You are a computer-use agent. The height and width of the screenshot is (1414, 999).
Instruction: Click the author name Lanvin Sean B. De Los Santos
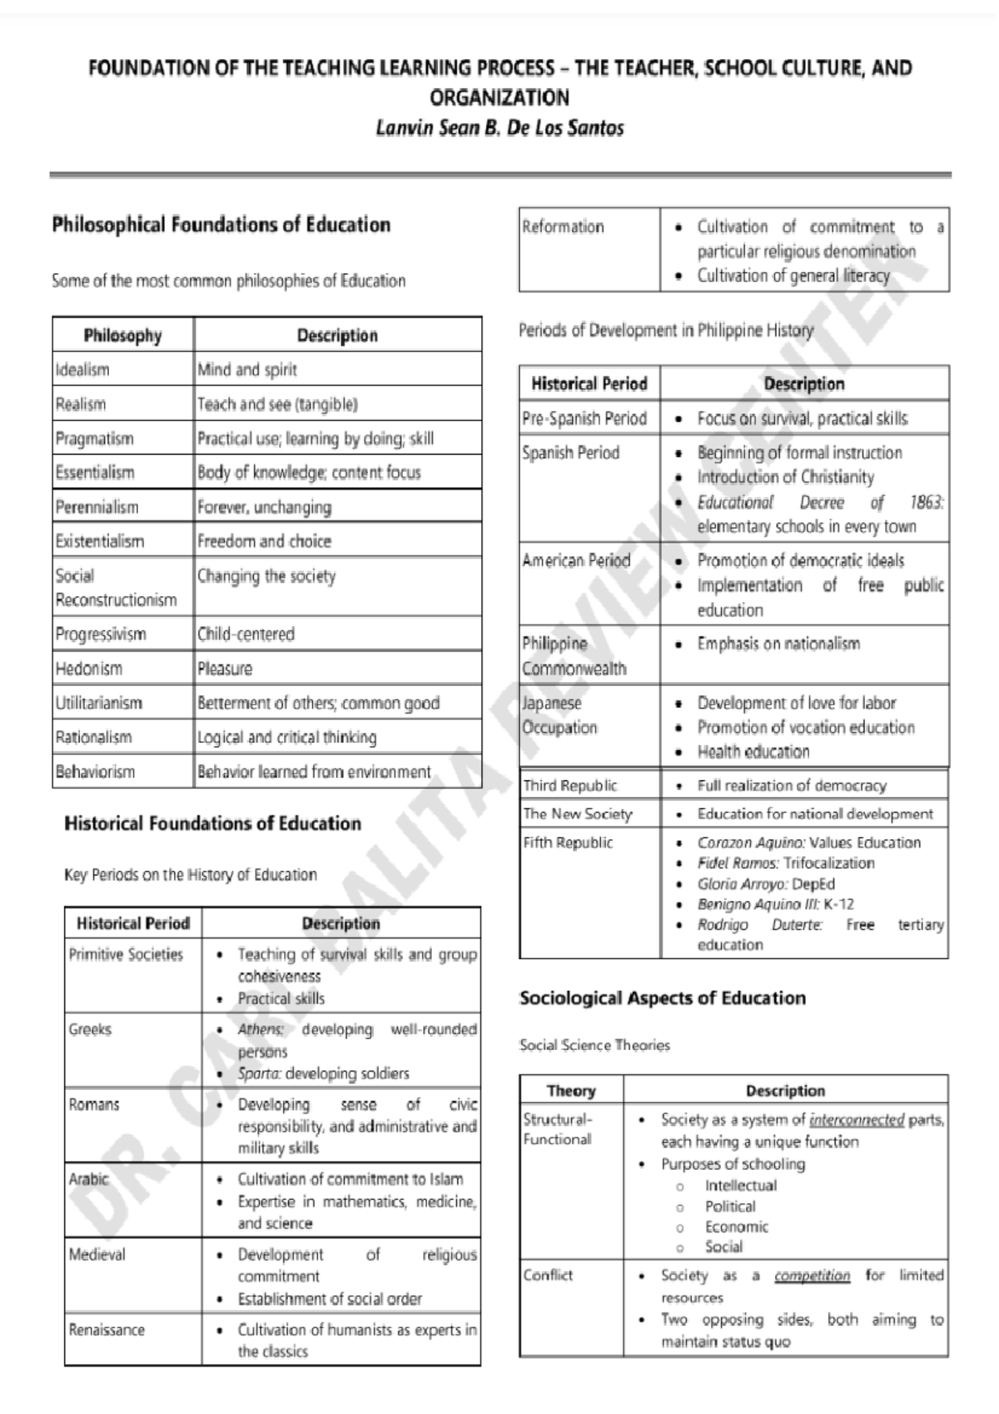[x=499, y=128]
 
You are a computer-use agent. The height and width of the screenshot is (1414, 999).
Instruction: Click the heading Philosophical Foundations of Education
[x=221, y=225]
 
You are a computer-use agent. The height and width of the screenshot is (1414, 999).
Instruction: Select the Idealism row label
[x=82, y=370]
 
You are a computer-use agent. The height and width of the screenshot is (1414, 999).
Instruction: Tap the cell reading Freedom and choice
[x=264, y=541]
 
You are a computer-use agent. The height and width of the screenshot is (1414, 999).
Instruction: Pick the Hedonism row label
[x=88, y=669]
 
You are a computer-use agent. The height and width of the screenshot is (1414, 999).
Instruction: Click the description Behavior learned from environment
[x=314, y=772]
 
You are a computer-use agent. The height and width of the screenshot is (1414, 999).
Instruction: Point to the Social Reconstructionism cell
[x=116, y=587]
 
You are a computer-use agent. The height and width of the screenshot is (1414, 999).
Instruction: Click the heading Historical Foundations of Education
[x=212, y=824]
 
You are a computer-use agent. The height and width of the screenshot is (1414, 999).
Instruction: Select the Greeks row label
[x=90, y=1029]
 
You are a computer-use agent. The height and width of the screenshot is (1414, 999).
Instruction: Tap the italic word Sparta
[x=259, y=1073]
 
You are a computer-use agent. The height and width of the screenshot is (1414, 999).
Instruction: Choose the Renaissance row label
[x=107, y=1330]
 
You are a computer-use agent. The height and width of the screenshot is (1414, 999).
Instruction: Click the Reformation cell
[x=563, y=227]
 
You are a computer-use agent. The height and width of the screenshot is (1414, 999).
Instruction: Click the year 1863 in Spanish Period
[x=925, y=502]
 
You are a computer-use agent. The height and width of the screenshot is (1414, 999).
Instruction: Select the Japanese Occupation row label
[x=559, y=715]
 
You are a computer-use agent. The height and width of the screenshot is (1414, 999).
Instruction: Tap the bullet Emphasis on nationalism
[x=778, y=644]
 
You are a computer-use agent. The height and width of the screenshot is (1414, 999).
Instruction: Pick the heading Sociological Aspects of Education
[x=662, y=998]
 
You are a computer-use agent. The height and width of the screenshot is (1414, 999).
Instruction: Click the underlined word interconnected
[x=856, y=1120]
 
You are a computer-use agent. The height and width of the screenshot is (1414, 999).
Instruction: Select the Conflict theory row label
[x=548, y=1275]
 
